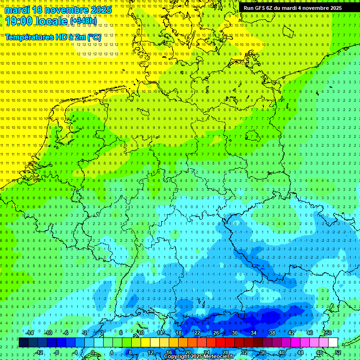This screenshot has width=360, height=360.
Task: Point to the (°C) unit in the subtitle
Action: coord(93,37)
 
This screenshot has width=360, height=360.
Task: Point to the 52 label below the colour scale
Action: coord(338,352)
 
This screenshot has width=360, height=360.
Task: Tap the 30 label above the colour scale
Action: coord(234,333)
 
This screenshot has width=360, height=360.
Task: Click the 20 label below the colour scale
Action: coord(187,352)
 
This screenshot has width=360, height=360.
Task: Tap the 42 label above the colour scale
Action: coord(291,333)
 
